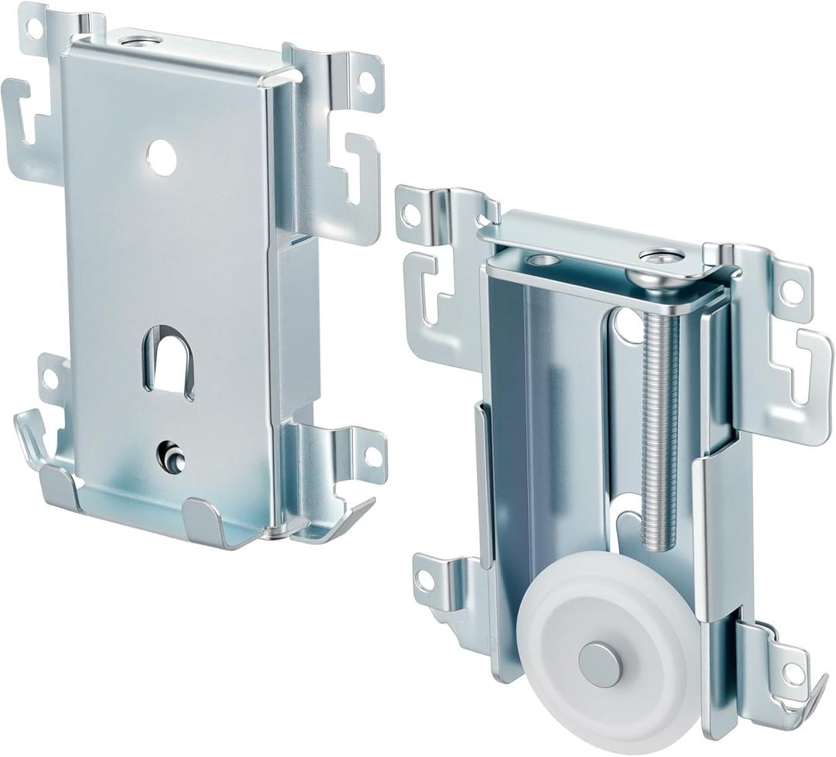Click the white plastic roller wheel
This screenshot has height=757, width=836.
612,650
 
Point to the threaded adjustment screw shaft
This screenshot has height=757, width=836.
659,418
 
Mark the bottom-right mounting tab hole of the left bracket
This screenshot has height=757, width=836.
373,456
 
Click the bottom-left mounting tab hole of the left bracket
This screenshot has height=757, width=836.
50,379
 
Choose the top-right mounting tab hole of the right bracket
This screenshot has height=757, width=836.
792,292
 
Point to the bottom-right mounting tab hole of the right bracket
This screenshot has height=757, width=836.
791,673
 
